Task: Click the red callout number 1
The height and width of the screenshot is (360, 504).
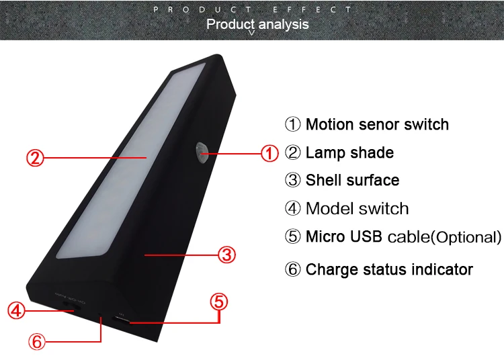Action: pyautogui.click(x=269, y=154)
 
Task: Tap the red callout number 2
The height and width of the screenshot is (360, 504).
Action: pyautogui.click(x=35, y=158)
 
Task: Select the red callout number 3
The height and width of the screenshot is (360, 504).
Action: pyautogui.click(x=227, y=255)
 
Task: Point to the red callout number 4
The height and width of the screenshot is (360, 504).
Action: pyautogui.click(x=16, y=310)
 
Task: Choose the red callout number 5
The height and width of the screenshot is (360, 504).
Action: pyautogui.click(x=219, y=302)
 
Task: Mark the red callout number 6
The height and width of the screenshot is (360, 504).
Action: pyautogui.click(x=37, y=341)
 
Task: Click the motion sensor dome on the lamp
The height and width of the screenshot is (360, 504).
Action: pyautogui.click(x=202, y=152)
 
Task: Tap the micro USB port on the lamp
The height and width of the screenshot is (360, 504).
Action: pyautogui.click(x=121, y=320)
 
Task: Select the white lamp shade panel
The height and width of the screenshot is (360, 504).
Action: pyautogui.click(x=131, y=161)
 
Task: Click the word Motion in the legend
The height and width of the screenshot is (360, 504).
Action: pyautogui.click(x=330, y=124)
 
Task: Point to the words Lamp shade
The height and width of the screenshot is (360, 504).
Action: pyautogui.click(x=349, y=152)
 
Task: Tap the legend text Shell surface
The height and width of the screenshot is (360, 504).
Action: pyautogui.click(x=353, y=180)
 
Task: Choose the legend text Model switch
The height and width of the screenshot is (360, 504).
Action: pyautogui.click(x=357, y=208)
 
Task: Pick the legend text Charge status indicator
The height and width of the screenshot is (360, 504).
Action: pyautogui.click(x=389, y=269)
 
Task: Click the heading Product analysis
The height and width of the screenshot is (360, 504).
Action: pyautogui.click(x=257, y=24)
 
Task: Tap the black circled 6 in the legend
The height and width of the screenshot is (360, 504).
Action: pyautogui.click(x=292, y=269)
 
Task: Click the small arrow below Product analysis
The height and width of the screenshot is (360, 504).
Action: pyautogui.click(x=252, y=33)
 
